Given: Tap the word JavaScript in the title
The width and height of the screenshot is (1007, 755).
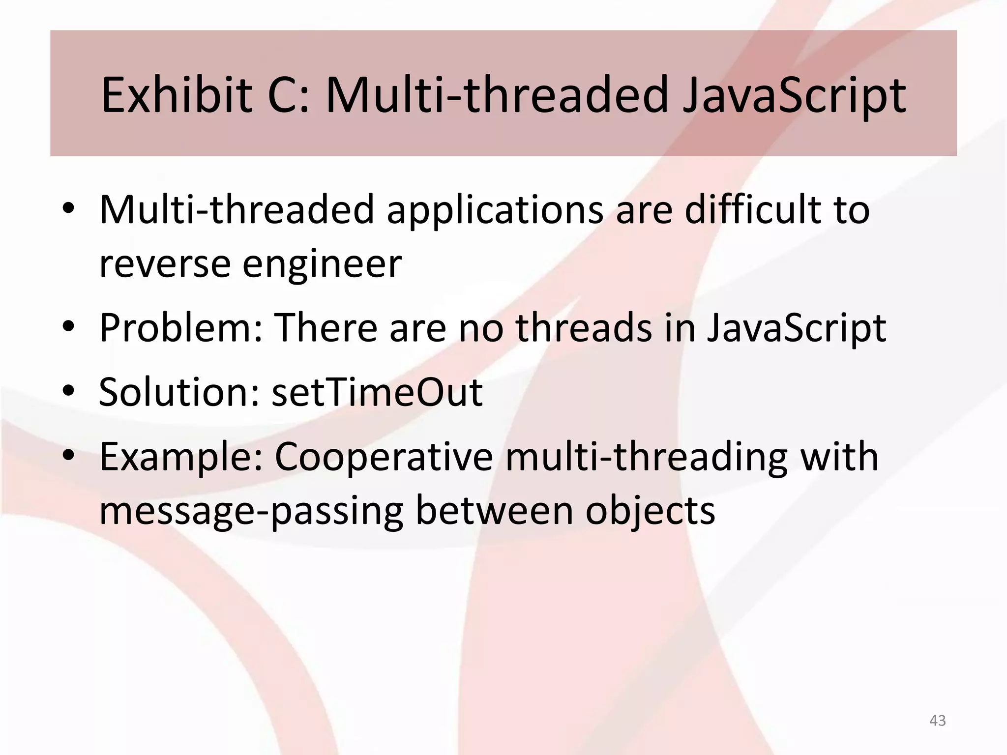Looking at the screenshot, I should [x=794, y=96].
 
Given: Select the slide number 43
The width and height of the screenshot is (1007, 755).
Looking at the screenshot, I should [x=937, y=721].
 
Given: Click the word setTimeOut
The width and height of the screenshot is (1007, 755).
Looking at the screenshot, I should [x=377, y=392].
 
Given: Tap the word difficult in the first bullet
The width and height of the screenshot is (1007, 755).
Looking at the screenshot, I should [x=752, y=209].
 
